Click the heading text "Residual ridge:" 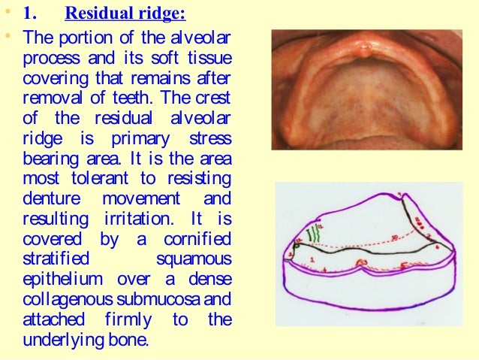(x=125, y=14)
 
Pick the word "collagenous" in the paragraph (x=61, y=298)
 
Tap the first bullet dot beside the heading (x=11, y=14)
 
